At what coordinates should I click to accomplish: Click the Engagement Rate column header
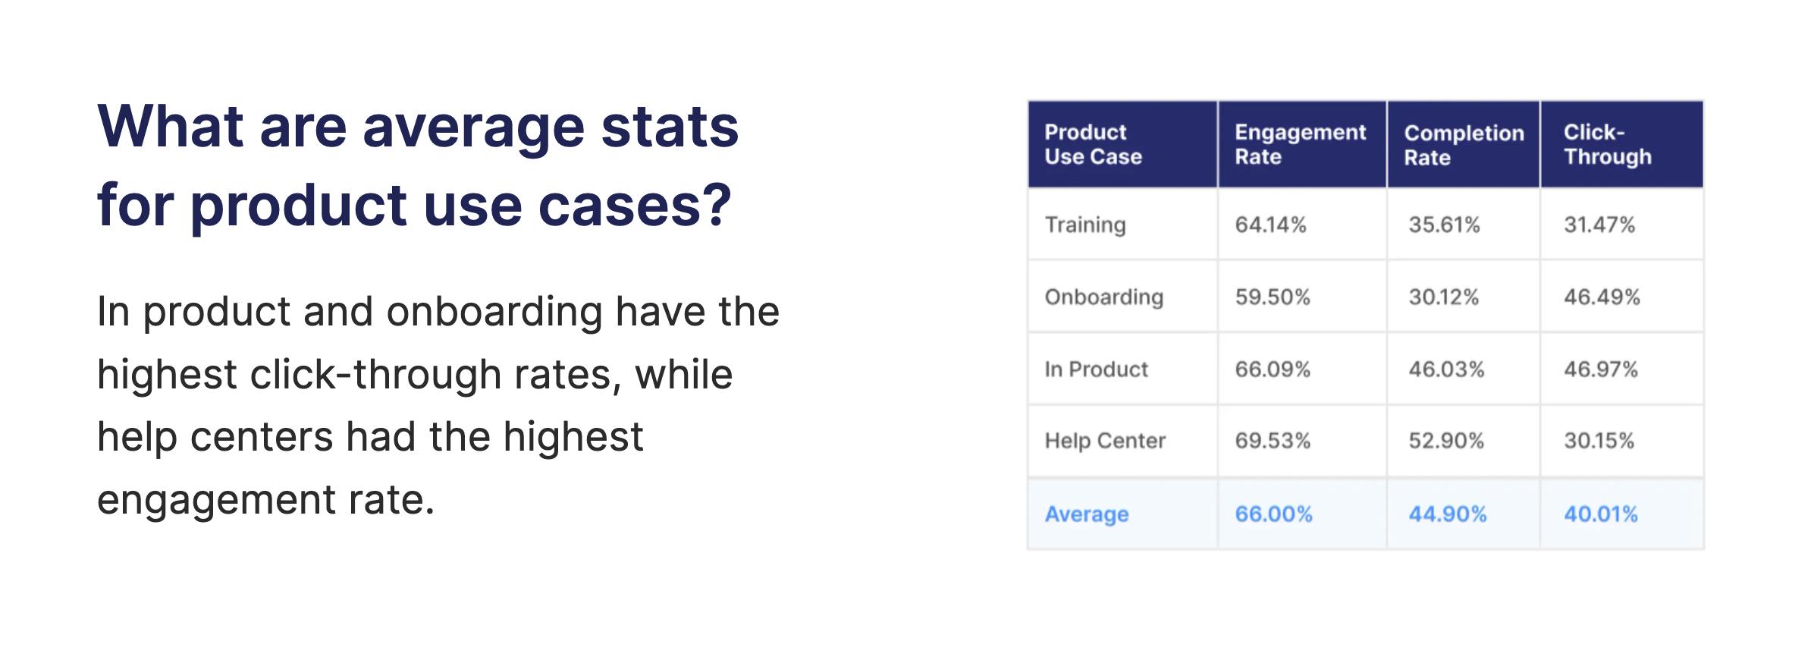[x=1300, y=144]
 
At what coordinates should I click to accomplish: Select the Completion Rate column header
[x=1464, y=145]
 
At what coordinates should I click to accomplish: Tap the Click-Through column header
[x=1607, y=144]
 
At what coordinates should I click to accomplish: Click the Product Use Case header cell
[x=1093, y=144]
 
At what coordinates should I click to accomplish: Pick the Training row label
[x=1085, y=225]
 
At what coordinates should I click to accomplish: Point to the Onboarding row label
[x=1103, y=297]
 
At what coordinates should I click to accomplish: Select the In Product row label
[x=1096, y=369]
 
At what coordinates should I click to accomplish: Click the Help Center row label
[x=1105, y=441]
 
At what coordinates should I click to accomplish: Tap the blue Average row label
[x=1087, y=514]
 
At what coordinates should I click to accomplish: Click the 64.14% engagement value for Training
[x=1270, y=225]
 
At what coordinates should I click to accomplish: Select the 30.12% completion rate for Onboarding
[x=1444, y=297]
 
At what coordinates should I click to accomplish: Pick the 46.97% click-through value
[x=1601, y=369]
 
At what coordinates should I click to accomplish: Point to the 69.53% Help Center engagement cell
[x=1273, y=441]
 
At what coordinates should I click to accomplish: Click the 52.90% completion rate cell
[x=1446, y=441]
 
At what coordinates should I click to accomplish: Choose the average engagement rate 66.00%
[x=1273, y=514]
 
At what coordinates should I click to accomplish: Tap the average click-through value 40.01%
[x=1601, y=514]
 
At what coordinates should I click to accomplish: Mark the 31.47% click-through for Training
[x=1599, y=225]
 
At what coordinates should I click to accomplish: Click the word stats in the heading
[x=670, y=127]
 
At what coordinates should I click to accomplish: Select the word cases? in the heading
[x=635, y=206]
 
